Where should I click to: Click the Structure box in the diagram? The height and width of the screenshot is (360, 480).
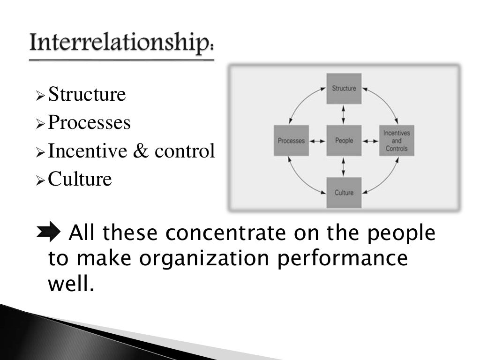point(344,89)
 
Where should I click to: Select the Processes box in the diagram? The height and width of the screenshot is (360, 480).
point(291,141)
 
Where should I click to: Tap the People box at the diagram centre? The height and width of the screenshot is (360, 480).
point(344,141)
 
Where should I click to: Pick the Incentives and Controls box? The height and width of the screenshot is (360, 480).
point(397,141)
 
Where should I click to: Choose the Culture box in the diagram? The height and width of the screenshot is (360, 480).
point(344,193)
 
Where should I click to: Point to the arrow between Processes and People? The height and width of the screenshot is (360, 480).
point(318,141)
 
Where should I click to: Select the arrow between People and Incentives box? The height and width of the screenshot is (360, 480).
point(370,141)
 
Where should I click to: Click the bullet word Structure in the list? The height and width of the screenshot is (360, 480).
point(87,95)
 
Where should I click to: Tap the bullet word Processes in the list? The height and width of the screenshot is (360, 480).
point(90,123)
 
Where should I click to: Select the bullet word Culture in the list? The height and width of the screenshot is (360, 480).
point(80,179)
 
